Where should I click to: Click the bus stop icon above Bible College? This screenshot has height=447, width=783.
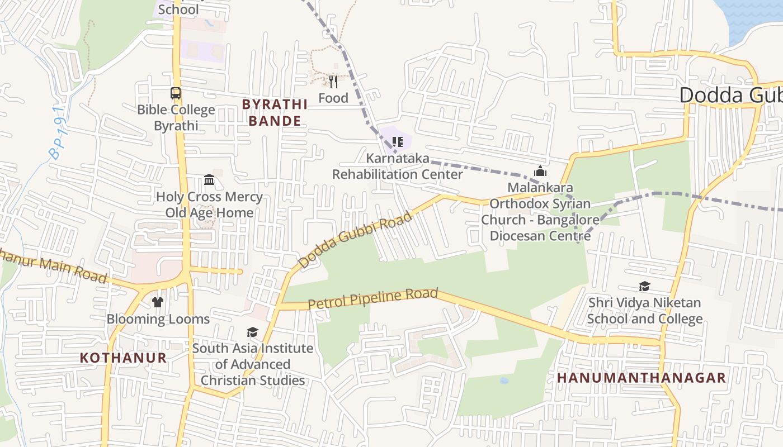point(176,93)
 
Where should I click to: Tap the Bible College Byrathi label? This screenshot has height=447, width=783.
point(176,117)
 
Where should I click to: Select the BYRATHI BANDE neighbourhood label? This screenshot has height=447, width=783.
point(275,112)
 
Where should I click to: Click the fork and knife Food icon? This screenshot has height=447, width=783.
point(333,82)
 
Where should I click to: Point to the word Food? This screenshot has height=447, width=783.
point(333,98)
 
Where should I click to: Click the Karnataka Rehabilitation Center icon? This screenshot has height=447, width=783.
point(397,142)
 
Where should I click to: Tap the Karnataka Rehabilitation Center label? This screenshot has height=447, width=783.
point(398,166)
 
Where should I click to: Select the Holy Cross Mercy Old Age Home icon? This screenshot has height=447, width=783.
point(209,179)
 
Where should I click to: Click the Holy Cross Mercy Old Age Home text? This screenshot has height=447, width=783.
point(209,205)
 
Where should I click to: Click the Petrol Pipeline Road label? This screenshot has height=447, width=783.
point(373,298)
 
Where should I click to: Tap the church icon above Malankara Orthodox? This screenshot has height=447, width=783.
point(540,171)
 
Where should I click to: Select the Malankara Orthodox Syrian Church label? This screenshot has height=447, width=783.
point(540,212)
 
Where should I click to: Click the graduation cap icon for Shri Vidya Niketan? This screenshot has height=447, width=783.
point(644,287)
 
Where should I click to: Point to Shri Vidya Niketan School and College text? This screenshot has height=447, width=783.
point(644,311)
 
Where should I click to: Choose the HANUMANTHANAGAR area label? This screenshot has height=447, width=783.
point(642,378)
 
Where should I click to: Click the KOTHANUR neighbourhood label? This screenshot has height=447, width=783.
point(123,358)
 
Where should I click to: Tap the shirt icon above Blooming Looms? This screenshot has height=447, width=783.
point(158,302)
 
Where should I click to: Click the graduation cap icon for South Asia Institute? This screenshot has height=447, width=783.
point(253,332)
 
